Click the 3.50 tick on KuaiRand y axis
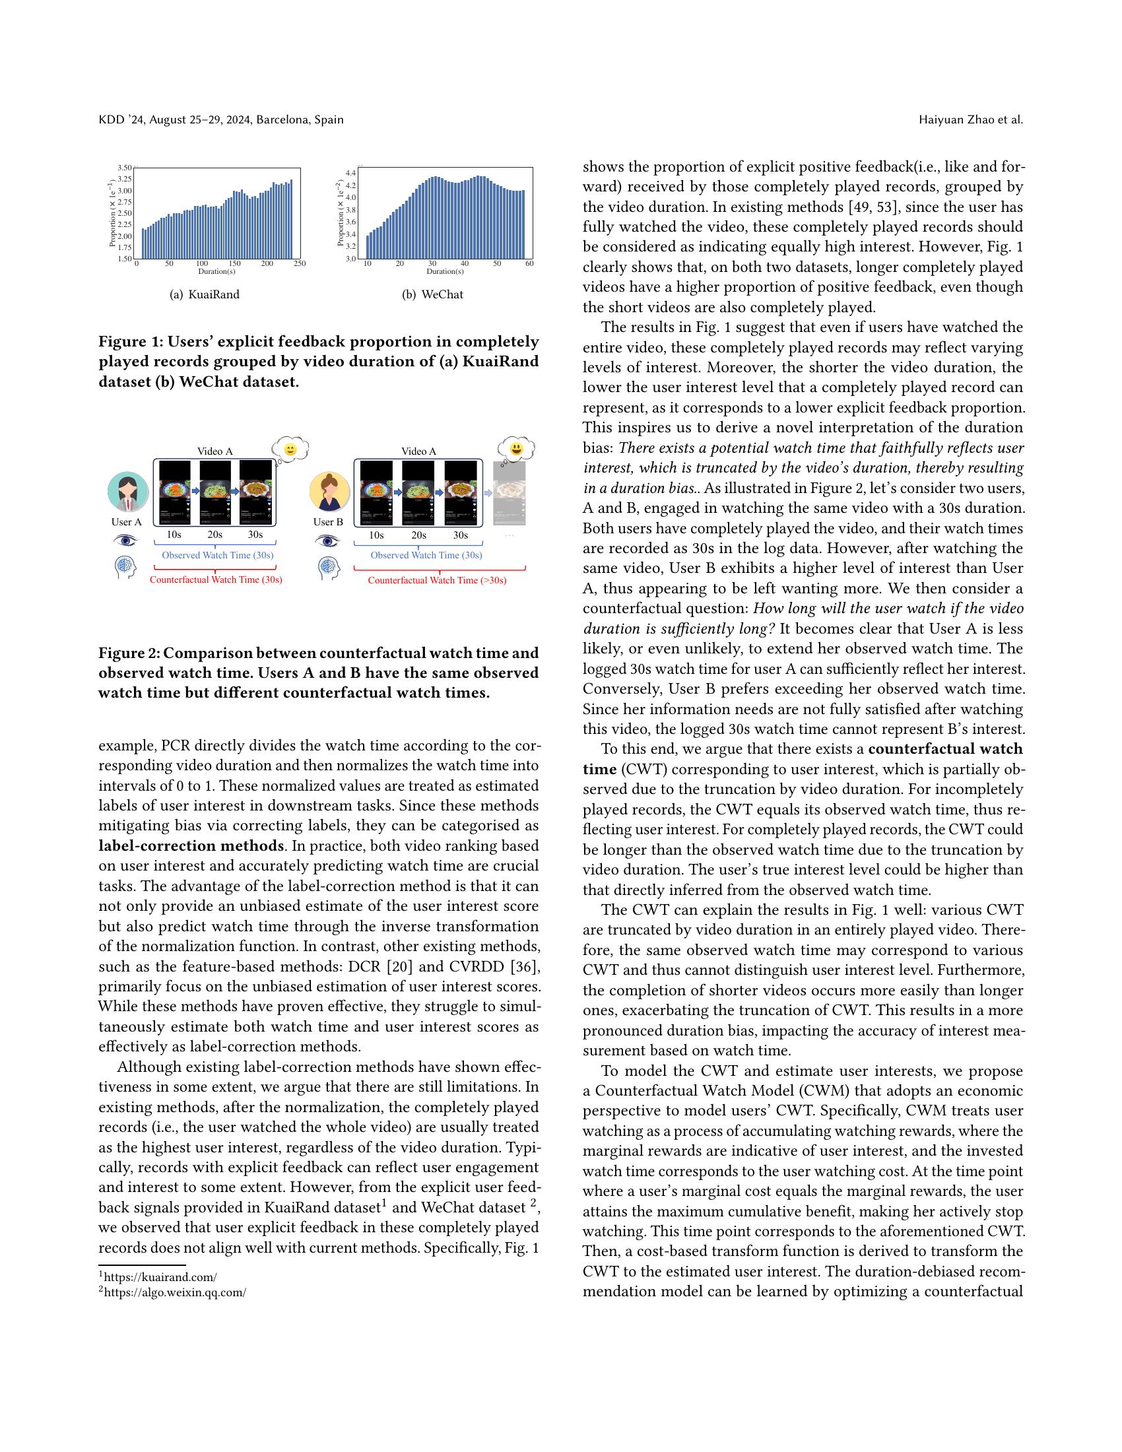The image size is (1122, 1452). [125, 168]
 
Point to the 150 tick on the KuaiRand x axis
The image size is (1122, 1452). [235, 264]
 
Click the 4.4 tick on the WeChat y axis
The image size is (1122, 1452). [350, 173]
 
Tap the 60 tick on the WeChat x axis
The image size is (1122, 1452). [529, 264]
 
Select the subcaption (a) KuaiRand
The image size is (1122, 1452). [205, 294]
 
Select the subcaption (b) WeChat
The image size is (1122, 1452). [433, 294]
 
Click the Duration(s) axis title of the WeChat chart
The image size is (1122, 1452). [445, 271]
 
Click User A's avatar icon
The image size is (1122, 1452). [127, 492]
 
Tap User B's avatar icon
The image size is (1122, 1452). [330, 492]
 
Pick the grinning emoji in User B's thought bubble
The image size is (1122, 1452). [517, 449]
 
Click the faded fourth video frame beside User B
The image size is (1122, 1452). [510, 492]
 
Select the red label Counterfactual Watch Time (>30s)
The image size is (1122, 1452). [437, 580]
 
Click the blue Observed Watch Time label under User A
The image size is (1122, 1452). [217, 555]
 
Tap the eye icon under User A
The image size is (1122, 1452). [125, 541]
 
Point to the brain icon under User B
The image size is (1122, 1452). [329, 567]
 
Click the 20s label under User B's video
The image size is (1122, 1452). [418, 535]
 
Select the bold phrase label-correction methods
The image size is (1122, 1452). [191, 845]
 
